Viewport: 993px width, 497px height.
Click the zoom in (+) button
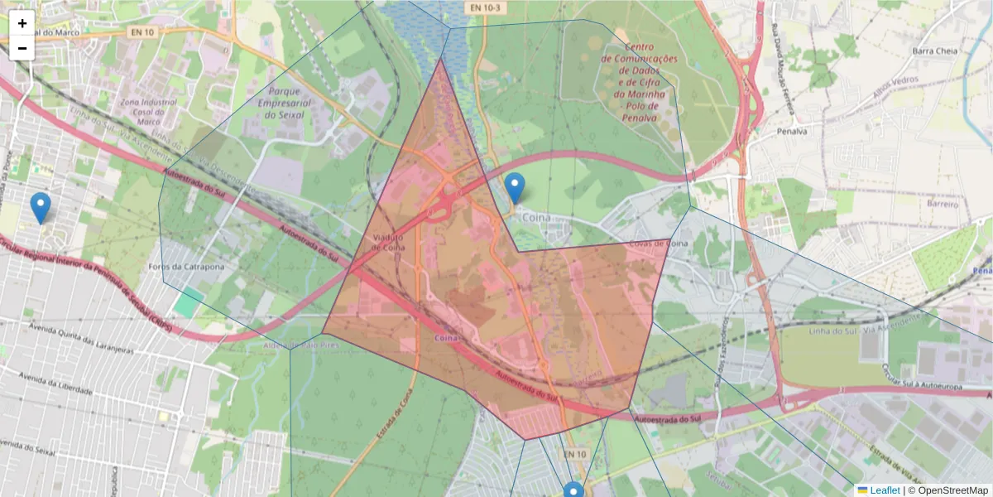[x=22, y=23]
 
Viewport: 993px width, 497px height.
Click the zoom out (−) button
[x=22, y=48]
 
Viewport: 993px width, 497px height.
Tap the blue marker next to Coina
[x=515, y=188]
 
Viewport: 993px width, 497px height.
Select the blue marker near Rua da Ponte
[x=40, y=207]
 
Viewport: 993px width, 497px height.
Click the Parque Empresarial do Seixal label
[x=283, y=103]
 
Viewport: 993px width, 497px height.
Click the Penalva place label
[x=792, y=131]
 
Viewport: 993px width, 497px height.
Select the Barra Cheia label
[x=934, y=51]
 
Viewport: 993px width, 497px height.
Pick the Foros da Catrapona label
[x=186, y=267]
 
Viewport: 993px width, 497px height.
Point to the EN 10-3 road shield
[x=485, y=7]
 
